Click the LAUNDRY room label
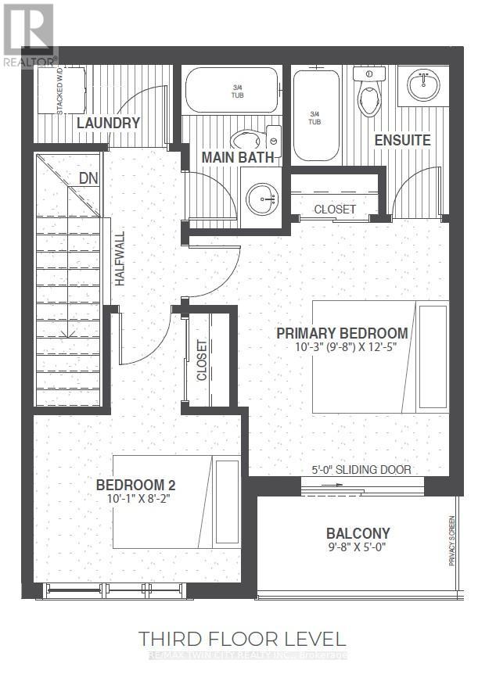point(108,123)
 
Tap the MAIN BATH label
point(238,157)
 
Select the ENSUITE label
point(402,140)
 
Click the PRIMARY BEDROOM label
point(342,333)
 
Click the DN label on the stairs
point(88,178)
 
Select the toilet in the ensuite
point(366,94)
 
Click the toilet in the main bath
point(250,139)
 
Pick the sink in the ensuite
point(422,84)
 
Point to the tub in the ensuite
point(316,117)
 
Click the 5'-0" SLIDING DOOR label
point(360,469)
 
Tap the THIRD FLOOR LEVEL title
point(242,639)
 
